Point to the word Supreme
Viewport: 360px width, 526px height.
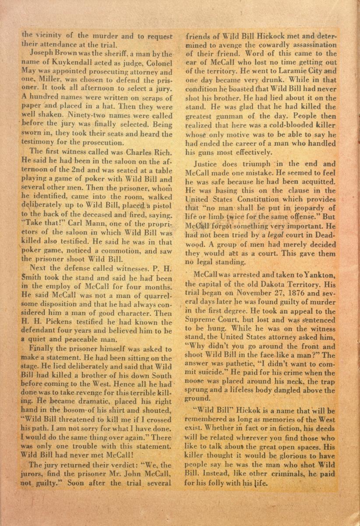click(203, 320)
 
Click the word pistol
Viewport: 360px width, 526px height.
click(161, 206)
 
